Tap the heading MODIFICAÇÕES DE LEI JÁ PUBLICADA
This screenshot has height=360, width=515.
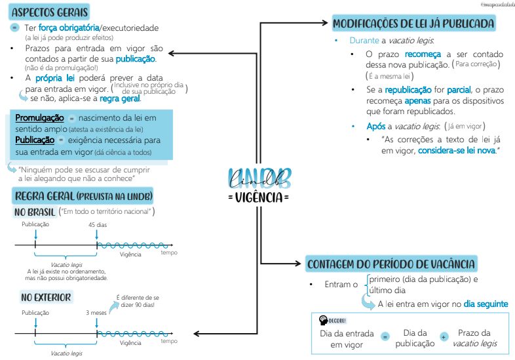pyautogui.click(x=413, y=24)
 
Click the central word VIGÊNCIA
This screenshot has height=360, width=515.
pyautogui.click(x=259, y=197)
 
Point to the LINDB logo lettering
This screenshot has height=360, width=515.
pyautogui.click(x=259, y=178)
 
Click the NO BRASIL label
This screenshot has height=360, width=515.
pyautogui.click(x=34, y=212)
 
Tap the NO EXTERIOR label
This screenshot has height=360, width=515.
pyautogui.click(x=45, y=297)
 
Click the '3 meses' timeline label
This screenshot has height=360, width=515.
pyautogui.click(x=96, y=313)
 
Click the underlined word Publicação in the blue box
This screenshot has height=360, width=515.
pyautogui.click(x=34, y=140)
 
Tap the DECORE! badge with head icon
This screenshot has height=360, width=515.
pyautogui.click(x=332, y=320)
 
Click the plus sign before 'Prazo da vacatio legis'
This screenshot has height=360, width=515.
pyautogui.click(x=444, y=336)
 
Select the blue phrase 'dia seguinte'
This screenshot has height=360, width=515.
pyautogui.click(x=486, y=304)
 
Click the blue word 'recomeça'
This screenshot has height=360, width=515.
pyautogui.click(x=423, y=54)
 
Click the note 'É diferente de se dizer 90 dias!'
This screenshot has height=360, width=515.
pyautogui.click(x=137, y=301)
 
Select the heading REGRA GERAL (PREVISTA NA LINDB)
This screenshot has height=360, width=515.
pyautogui.click(x=82, y=197)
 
